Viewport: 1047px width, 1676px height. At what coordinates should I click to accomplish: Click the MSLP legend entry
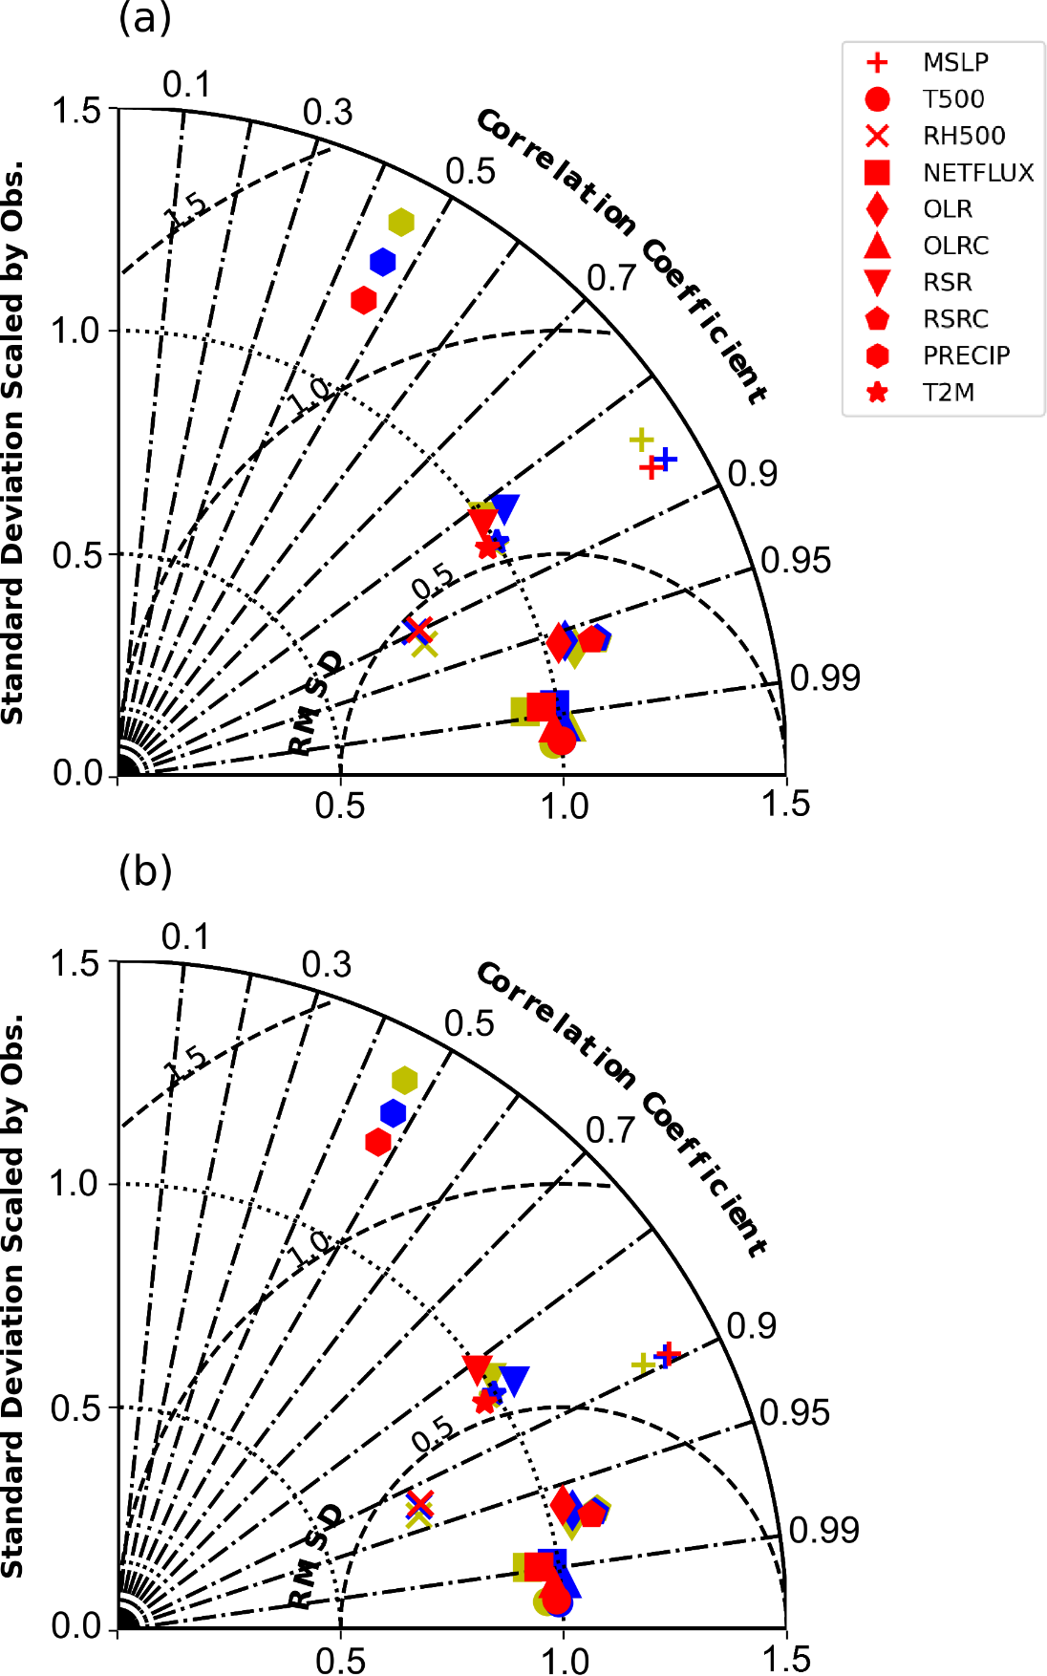[927, 63]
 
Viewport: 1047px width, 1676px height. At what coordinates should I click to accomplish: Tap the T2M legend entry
[927, 393]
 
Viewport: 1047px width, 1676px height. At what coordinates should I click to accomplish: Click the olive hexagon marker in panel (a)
[401, 222]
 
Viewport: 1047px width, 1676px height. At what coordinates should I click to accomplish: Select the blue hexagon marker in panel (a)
[383, 261]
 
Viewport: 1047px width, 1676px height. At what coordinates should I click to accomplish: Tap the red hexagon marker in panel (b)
[378, 1141]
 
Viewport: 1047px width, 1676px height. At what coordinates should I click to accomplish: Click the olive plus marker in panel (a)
[641, 440]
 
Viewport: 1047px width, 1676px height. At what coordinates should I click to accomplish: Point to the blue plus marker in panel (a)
[666, 459]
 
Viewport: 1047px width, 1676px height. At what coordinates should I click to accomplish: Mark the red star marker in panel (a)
[487, 548]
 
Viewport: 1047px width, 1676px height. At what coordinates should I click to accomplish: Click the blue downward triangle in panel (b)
[515, 1379]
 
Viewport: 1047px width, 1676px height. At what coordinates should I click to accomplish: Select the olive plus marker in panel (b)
[644, 1364]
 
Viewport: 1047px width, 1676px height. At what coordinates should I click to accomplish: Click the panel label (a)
[145, 17]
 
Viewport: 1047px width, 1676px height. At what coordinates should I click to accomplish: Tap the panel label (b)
[145, 870]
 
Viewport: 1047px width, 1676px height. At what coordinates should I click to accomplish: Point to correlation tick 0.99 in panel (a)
[824, 677]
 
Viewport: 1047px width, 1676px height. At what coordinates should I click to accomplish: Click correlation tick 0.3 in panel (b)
[327, 965]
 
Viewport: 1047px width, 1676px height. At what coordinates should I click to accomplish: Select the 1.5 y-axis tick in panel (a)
[76, 111]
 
